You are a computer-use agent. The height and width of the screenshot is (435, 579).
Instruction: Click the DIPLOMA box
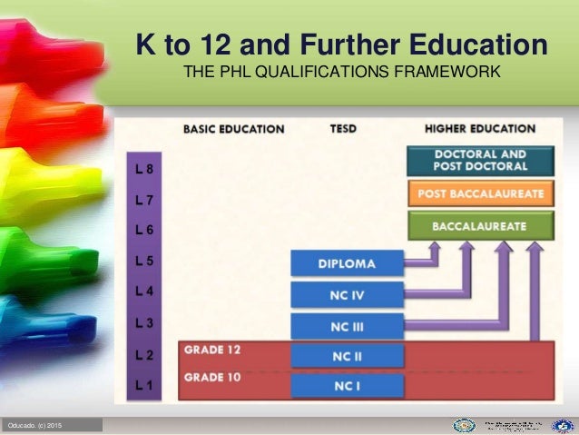(x=348, y=263)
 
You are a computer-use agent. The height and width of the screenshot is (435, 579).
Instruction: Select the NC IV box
(x=348, y=294)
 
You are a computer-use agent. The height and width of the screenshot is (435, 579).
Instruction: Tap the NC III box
(x=348, y=325)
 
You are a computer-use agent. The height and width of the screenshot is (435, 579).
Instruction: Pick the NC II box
(x=348, y=357)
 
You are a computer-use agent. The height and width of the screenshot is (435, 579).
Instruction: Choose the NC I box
(x=348, y=387)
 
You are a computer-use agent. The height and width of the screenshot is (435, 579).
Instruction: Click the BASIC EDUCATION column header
(x=234, y=129)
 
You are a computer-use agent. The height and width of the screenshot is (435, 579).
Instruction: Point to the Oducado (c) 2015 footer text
(x=36, y=426)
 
